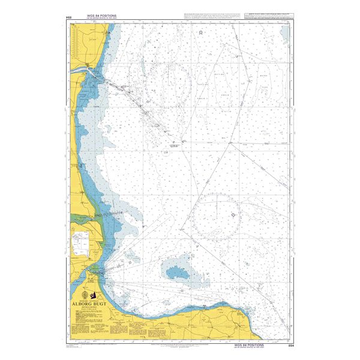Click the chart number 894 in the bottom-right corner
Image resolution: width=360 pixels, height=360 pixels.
point(292,346)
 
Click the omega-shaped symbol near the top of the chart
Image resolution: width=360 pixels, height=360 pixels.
point(200,31)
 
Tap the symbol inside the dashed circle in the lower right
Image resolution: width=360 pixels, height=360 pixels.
point(232,214)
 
